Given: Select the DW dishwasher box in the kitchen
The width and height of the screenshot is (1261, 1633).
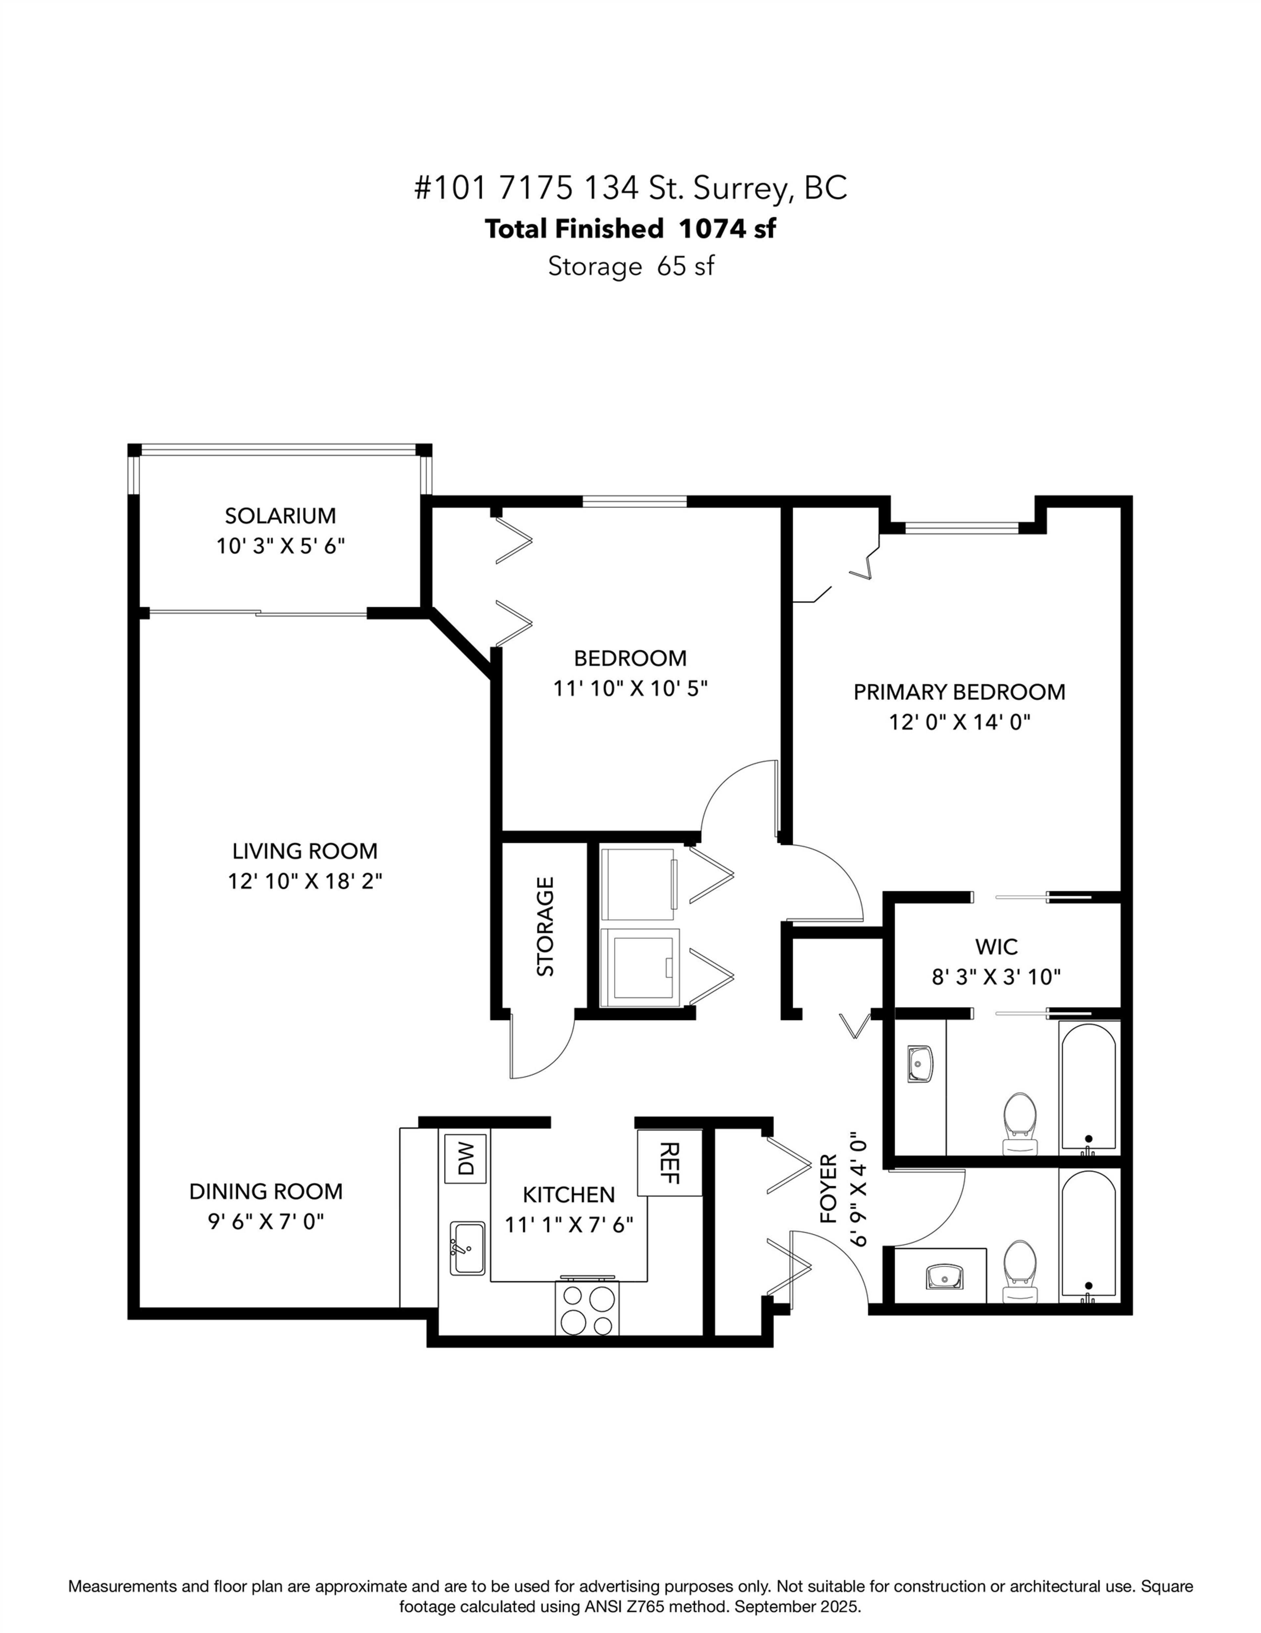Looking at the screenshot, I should coord(465,1159).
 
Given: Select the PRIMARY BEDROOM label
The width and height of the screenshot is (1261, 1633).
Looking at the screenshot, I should coord(959,692).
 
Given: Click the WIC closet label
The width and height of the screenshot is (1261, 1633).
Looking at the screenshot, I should coord(996,947).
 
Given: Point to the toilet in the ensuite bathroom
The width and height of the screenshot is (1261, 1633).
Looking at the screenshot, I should coord(1020,1121).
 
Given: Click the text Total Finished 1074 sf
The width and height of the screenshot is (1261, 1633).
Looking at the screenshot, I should coord(630,229).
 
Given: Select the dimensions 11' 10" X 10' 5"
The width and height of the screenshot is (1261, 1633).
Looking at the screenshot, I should coord(630,688).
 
